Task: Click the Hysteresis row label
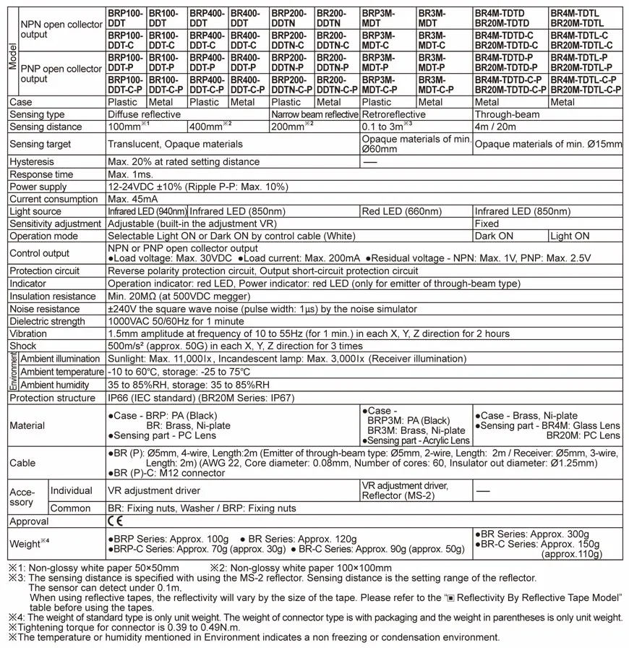(32, 162)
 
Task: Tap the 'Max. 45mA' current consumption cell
(132, 199)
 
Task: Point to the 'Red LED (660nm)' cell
(401, 211)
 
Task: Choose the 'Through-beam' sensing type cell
(507, 114)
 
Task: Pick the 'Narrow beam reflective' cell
(314, 114)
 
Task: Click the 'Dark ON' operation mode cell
(495, 236)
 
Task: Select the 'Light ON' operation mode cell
(570, 236)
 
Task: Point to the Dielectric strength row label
(47, 321)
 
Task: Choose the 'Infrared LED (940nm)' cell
(147, 211)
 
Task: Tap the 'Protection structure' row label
(52, 398)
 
